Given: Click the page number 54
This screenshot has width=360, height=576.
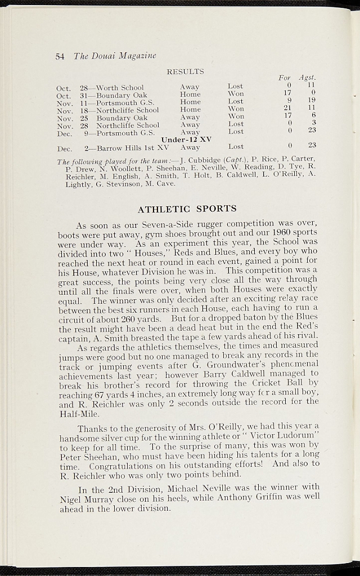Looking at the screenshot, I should coord(60,56).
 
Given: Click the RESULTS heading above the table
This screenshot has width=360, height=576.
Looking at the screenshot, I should coord(185,72).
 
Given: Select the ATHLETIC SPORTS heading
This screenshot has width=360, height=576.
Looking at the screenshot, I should coord(187,209).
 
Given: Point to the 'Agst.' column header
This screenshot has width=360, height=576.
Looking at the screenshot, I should coord(308,77).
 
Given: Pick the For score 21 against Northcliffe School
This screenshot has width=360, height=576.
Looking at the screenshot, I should coord(287,108).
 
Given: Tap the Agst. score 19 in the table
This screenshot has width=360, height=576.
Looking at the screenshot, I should coord(312,100).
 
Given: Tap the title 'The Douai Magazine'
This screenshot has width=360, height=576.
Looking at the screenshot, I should coord(114,56).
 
